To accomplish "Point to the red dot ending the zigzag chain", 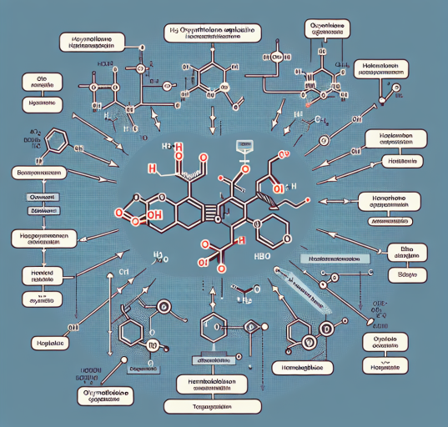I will click(309, 200).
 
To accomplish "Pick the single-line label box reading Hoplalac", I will click(38, 343).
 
